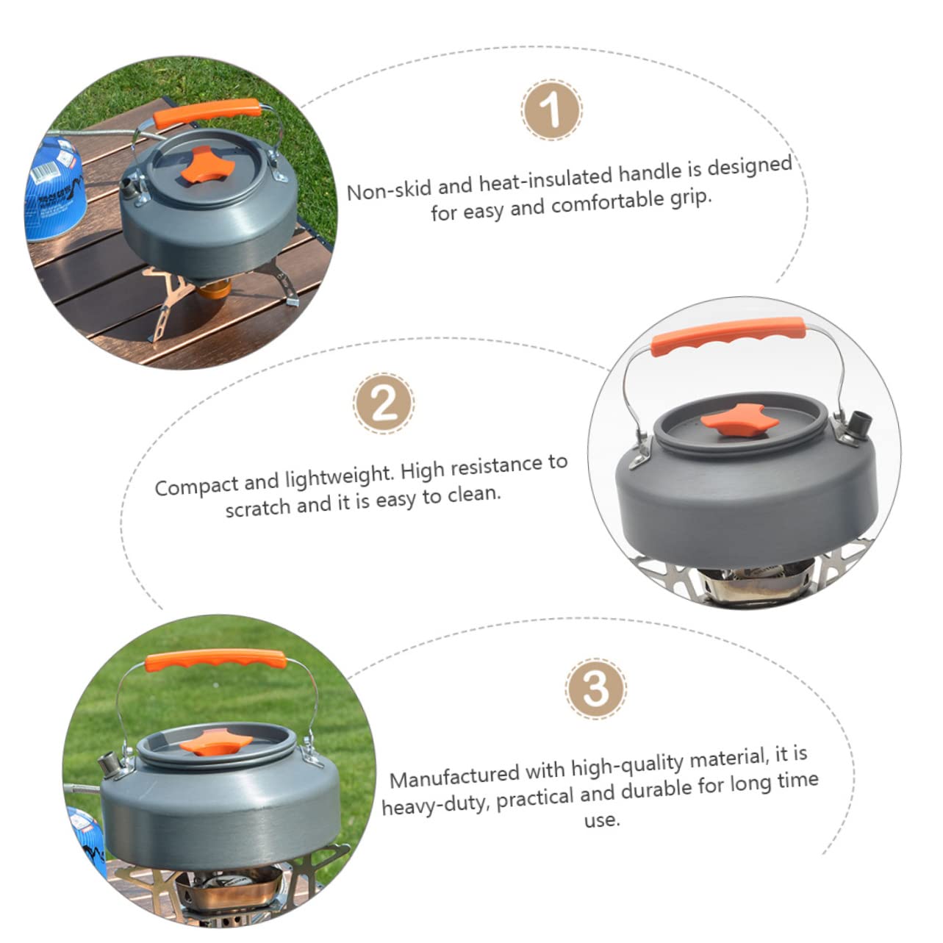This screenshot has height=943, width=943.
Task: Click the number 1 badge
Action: [552, 110]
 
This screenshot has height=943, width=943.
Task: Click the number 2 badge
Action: [384, 403]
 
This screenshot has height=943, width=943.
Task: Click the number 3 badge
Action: [595, 688]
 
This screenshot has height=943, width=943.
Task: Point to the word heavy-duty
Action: [435, 803]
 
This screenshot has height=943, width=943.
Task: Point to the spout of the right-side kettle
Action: [859, 425]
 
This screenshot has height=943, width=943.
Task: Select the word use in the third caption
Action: [602, 820]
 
